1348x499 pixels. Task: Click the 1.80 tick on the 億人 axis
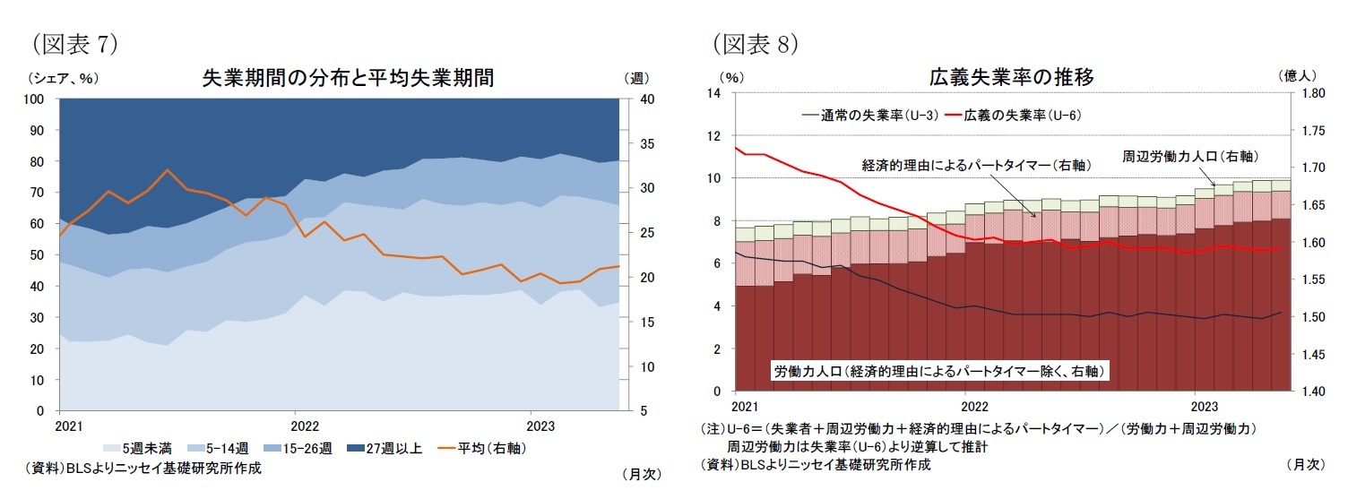pyautogui.click(x=1312, y=93)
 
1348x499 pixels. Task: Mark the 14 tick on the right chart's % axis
pyautogui.click(x=713, y=93)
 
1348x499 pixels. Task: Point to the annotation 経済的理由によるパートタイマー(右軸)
pyautogui.click(x=963, y=165)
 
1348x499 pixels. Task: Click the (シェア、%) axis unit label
pyautogui.click(x=63, y=78)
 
